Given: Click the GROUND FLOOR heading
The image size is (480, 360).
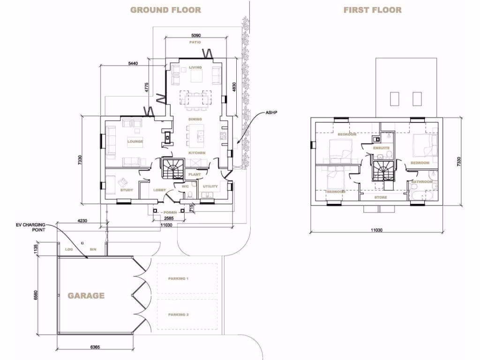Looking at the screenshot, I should pyautogui.click(x=165, y=10).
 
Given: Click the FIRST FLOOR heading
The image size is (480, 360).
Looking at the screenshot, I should pyautogui.click(x=373, y=10).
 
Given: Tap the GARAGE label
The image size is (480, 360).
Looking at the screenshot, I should pyautogui.click(x=86, y=296).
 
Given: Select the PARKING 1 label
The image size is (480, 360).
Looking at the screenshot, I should pyautogui.click(x=178, y=278).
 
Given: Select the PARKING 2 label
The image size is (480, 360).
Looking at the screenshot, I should pyautogui.click(x=178, y=315).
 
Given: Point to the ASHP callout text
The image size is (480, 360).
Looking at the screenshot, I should pyautogui.click(x=272, y=113).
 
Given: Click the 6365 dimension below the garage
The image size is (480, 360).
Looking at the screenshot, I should pyautogui.click(x=96, y=348).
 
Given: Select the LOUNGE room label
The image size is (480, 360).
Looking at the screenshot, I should pyautogui.click(x=135, y=141).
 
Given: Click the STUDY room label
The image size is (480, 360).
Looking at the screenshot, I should pyautogui.click(x=127, y=190).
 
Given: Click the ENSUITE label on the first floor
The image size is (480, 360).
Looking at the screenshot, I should pyautogui.click(x=381, y=148).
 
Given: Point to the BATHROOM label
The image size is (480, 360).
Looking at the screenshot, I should pyautogui.click(x=422, y=181).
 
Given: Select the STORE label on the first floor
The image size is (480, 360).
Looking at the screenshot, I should pyautogui.click(x=381, y=197).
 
